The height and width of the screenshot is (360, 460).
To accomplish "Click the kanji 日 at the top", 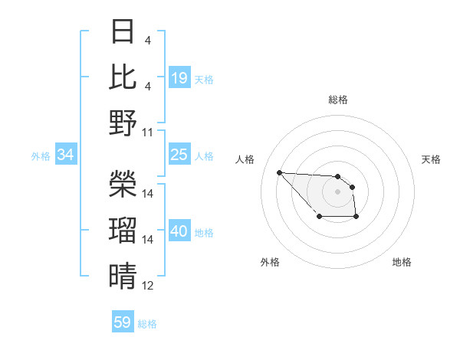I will (x=123, y=33).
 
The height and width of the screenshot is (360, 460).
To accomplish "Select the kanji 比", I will (x=123, y=77).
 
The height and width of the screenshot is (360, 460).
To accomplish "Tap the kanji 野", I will (x=123, y=123).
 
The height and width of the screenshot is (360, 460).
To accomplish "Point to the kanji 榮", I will (x=123, y=183).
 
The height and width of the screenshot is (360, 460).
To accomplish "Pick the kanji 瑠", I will (x=123, y=229).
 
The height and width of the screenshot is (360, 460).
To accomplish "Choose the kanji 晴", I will (x=123, y=275).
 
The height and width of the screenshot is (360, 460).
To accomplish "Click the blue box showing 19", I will (x=179, y=78).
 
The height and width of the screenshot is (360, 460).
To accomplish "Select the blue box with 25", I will (x=179, y=155).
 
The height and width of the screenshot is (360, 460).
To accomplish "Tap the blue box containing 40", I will (x=179, y=231).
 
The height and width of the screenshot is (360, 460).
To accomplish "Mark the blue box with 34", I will (x=65, y=155).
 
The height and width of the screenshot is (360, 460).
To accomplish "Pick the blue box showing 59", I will (x=123, y=322).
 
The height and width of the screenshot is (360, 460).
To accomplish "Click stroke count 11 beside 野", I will (x=148, y=133).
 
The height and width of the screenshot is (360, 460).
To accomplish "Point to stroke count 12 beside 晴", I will (x=148, y=286).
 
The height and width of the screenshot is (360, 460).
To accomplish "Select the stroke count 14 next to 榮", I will (x=148, y=194).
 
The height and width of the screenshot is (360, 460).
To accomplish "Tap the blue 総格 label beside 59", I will (x=147, y=324).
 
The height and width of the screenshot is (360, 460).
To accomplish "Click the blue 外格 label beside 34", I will (x=41, y=156).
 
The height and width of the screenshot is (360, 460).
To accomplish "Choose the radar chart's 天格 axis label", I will (x=431, y=159).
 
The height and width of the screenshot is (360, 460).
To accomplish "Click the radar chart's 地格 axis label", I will (x=402, y=263).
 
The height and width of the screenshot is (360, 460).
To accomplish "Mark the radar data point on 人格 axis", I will (x=279, y=172).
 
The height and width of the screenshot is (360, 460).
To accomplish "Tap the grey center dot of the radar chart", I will (x=337, y=191).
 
